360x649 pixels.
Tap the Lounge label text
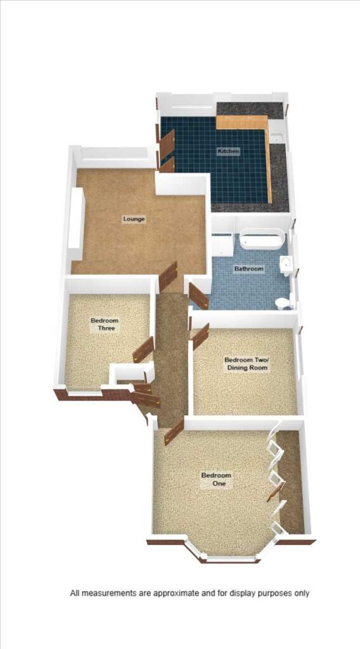[x=134, y=219]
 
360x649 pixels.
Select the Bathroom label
[x=248, y=269]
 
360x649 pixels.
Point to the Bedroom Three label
[x=105, y=324]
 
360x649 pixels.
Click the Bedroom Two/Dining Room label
[x=246, y=364]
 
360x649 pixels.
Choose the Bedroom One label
[x=216, y=479]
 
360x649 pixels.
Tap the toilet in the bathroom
[x=283, y=302]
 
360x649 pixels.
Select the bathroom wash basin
[x=286, y=264]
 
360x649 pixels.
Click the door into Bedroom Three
[x=143, y=350]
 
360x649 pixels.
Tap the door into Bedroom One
[x=174, y=431]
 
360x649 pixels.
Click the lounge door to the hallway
[x=168, y=276]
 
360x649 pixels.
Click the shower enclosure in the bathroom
[x=223, y=245]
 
